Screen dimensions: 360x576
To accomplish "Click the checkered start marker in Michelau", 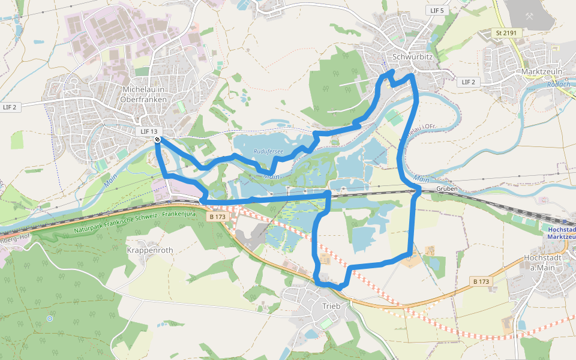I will point(157,140).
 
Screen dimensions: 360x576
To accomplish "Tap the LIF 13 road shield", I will point(149,131).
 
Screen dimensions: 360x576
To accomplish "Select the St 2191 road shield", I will point(506,32).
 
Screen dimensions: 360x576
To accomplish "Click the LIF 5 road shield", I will point(437,11).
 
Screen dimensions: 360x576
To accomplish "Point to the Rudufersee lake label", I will point(268,152).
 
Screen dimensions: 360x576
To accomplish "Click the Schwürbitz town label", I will point(412,58).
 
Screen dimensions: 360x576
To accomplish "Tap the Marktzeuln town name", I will point(542,71).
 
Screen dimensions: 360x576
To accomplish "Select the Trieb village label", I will point(331,306).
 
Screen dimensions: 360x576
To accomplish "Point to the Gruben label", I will point(448,188).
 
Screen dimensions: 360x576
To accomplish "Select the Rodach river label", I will point(558,85).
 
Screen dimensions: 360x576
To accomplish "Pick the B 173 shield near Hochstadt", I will point(481,281).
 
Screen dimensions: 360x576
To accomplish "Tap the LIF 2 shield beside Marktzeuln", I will point(469,82).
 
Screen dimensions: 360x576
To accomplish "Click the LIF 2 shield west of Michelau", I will point(10,107).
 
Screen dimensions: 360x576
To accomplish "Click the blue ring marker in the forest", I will point(50,318).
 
